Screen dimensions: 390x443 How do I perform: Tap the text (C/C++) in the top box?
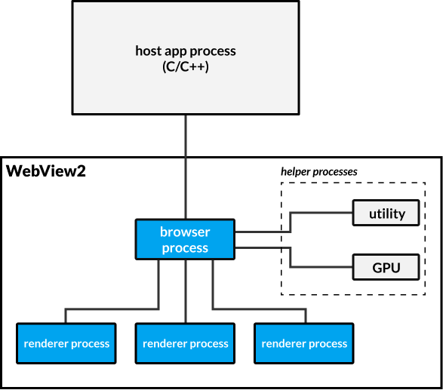click(x=186, y=66)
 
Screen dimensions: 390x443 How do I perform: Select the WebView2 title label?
click(x=46, y=171)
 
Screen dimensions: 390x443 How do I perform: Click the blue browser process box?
click(x=185, y=239)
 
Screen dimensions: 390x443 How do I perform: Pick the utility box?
click(x=386, y=213)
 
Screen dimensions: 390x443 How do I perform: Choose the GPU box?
click(x=386, y=266)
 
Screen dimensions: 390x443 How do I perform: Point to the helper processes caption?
click(x=318, y=171)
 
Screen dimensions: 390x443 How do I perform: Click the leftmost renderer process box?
click(x=66, y=344)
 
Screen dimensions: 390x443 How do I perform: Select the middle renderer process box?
click(x=185, y=344)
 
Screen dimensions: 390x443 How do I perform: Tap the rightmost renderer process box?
click(x=304, y=344)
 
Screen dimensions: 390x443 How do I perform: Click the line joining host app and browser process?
click(x=185, y=166)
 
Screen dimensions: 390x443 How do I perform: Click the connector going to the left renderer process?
click(x=113, y=309)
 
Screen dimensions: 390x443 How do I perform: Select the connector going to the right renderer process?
click(x=257, y=309)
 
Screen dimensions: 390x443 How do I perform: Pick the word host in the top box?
click(x=148, y=51)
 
